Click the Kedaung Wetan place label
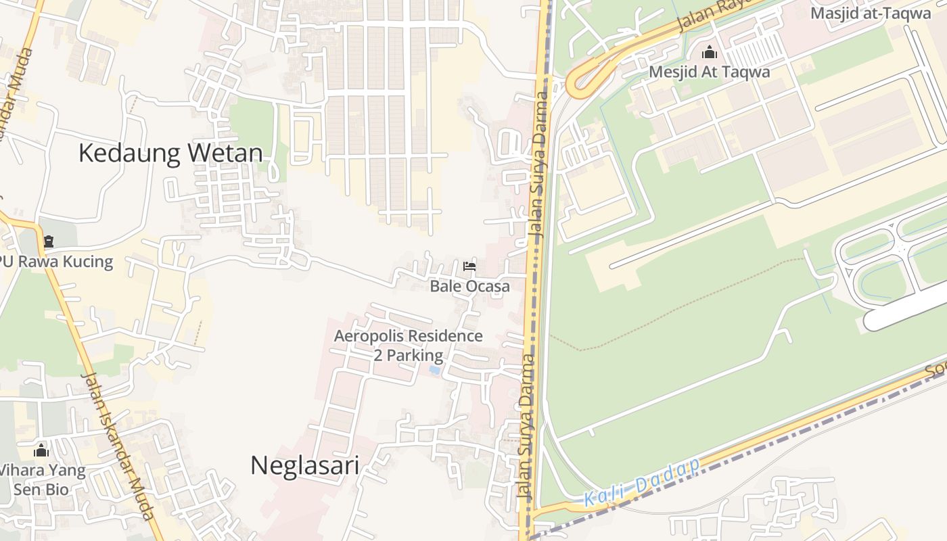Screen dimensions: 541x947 pyautogui.click(x=170, y=154)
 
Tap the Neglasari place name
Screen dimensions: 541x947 pyautogui.click(x=304, y=465)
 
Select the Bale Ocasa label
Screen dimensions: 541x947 pyautogui.click(x=470, y=286)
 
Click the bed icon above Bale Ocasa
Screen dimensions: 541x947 pyautogui.click(x=469, y=266)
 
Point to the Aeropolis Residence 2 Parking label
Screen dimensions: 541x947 pyautogui.click(x=409, y=346)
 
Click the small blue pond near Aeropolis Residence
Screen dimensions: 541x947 pyautogui.click(x=434, y=371)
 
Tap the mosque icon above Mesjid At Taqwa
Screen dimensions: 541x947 pyautogui.click(x=709, y=52)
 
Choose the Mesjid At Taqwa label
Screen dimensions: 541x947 pyautogui.click(x=709, y=72)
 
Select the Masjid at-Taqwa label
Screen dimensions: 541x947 pyautogui.click(x=871, y=13)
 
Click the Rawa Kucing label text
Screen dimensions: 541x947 pyautogui.click(x=57, y=262)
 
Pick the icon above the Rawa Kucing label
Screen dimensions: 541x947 pyautogui.click(x=48, y=241)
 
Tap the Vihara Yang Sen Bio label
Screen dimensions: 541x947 pyautogui.click(x=42, y=479)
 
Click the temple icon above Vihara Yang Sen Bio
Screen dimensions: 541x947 pyautogui.click(x=41, y=450)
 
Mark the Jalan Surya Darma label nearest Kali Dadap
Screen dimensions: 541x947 pyautogui.click(x=525, y=426)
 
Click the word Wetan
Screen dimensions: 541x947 pyautogui.click(x=225, y=154)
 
